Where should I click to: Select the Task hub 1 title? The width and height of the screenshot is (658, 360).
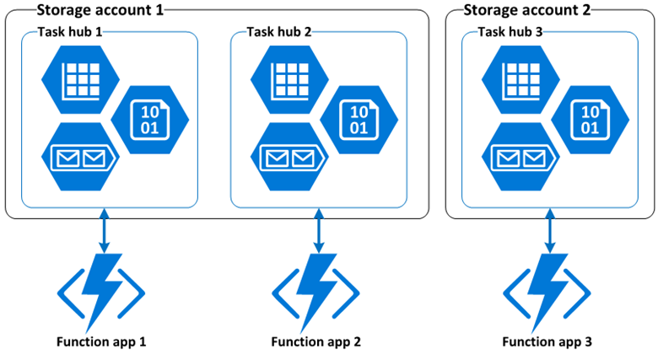point(71,32)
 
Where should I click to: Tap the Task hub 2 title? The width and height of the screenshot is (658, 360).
point(279,32)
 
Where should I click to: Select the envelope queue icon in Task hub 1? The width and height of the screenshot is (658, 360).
point(79,157)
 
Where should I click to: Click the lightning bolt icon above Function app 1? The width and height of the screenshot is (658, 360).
point(101,291)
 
